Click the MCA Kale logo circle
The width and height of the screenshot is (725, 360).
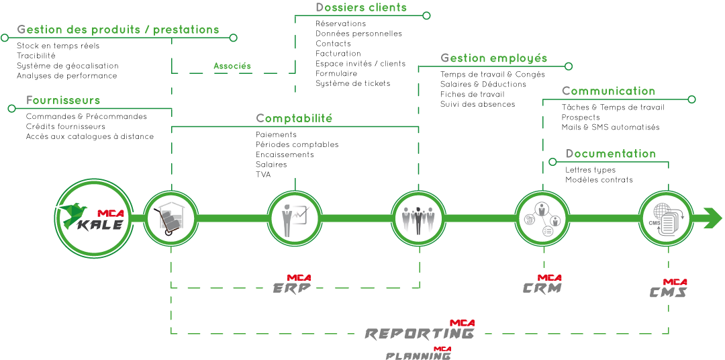[91, 218]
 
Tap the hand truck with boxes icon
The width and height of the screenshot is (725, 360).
[171, 218]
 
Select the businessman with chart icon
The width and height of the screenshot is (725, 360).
[295, 218]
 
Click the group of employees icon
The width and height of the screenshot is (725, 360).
[418, 218]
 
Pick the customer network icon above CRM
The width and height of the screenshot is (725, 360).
[542, 218]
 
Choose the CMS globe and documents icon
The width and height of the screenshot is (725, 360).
[665, 218]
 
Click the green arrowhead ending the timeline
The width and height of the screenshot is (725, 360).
[713, 218]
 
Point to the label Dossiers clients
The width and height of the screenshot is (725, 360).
[361, 8]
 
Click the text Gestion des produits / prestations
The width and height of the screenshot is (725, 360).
[118, 30]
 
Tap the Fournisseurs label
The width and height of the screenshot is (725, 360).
[63, 101]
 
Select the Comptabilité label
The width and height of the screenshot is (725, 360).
[294, 119]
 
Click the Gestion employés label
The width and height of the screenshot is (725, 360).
[493, 58]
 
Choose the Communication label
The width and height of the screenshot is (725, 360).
[608, 91]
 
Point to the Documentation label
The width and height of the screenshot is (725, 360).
[610, 154]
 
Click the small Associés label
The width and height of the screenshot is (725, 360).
[232, 66]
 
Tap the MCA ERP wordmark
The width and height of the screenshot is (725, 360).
[292, 285]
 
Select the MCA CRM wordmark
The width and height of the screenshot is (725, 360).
[542, 285]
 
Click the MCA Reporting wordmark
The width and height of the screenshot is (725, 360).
[420, 330]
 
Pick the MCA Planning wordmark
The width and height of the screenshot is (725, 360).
[418, 354]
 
